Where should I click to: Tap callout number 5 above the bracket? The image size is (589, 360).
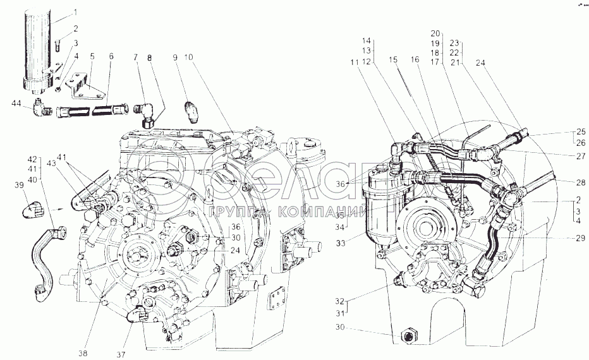(92, 57)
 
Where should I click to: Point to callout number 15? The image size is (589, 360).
(393, 59)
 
